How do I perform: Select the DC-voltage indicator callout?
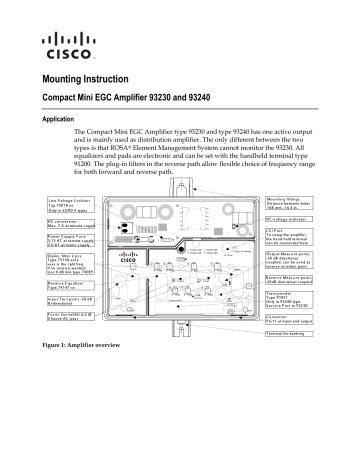point(290,218)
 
